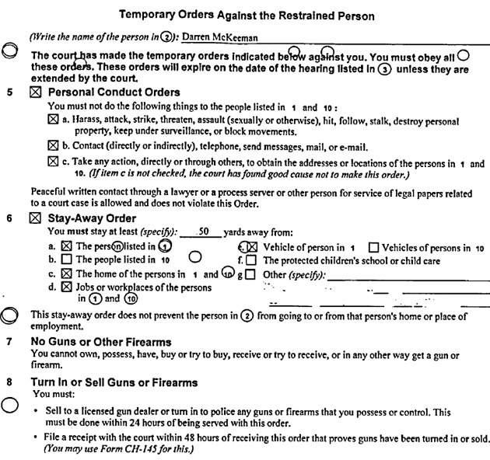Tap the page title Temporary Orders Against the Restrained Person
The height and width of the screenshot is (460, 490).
[x=245, y=13]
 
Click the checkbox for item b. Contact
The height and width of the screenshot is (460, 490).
[x=52, y=146]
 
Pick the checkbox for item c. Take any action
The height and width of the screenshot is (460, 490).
[x=52, y=163]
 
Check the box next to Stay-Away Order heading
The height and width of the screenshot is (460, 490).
[x=34, y=219]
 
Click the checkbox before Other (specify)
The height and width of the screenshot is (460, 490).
[x=250, y=274]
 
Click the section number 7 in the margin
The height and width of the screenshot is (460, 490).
[x=9, y=342]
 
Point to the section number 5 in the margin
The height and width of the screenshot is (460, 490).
[x=9, y=91]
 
